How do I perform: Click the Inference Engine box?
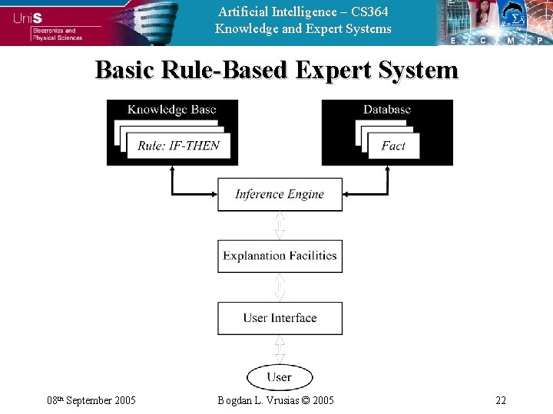coord(280,195)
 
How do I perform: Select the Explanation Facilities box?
coord(280,256)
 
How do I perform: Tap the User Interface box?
coord(280,318)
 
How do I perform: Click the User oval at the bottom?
coord(280,377)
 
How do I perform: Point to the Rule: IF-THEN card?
coord(178,146)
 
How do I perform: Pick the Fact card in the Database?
coord(393,146)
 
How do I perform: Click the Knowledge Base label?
coord(172,110)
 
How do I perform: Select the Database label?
coord(387,110)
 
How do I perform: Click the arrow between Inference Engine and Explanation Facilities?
coord(280,225)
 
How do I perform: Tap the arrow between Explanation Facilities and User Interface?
coord(280,287)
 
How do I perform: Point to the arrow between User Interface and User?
coord(280,350)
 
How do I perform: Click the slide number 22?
coord(501,400)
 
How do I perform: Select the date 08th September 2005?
coord(91,400)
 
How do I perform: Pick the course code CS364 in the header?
coord(369,11)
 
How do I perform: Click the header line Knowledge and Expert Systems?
coord(303,29)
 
